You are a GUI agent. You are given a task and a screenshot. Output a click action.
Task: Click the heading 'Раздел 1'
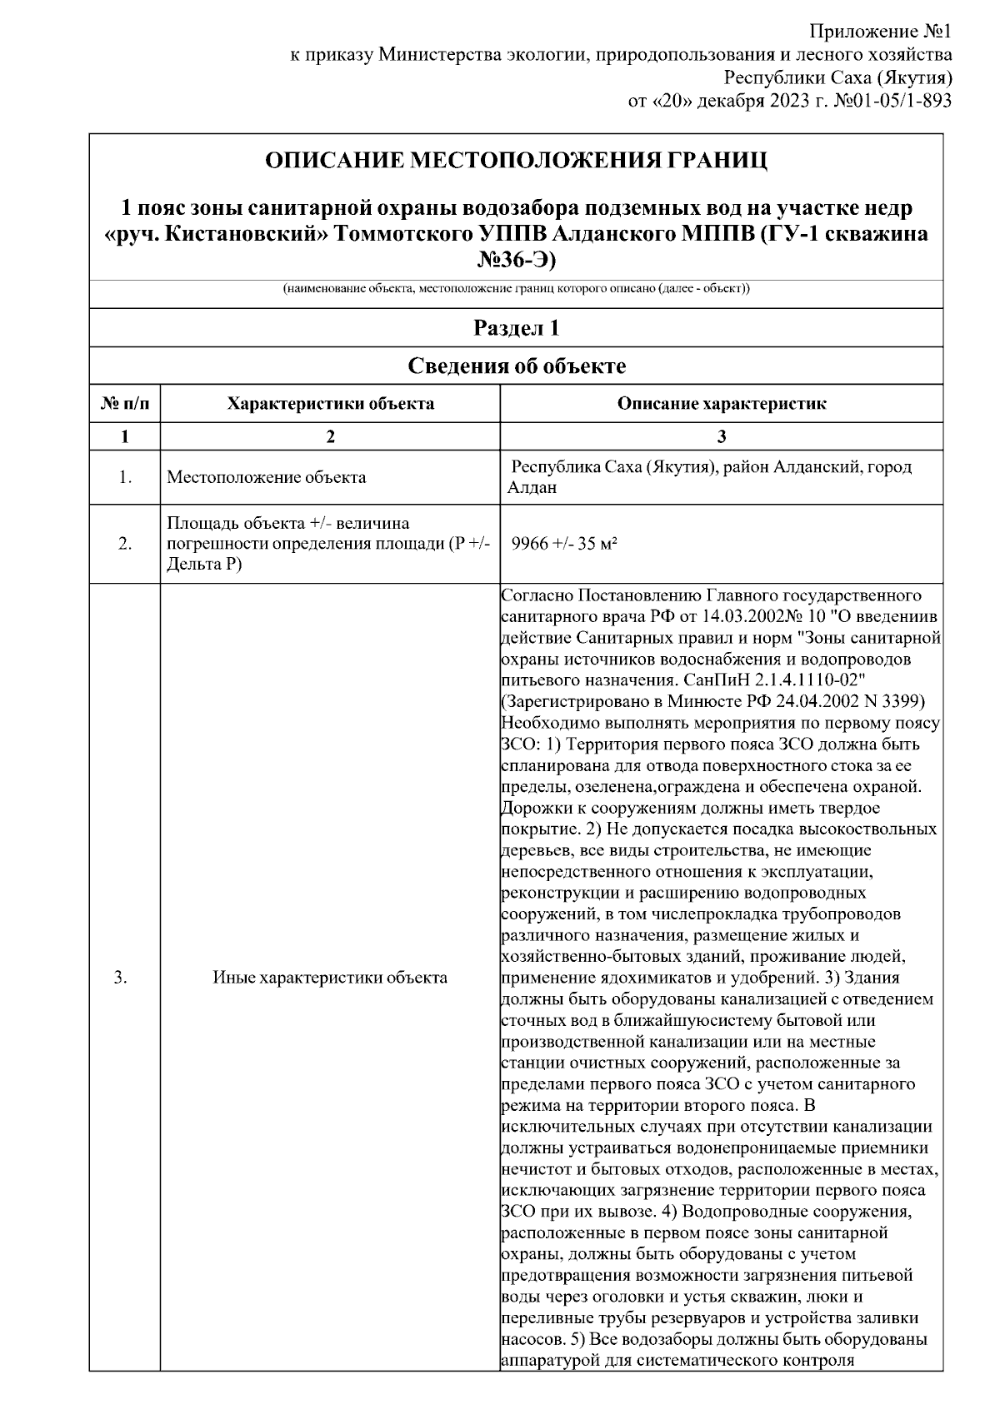pos(516,328)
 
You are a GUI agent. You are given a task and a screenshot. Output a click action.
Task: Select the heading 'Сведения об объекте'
pos(516,366)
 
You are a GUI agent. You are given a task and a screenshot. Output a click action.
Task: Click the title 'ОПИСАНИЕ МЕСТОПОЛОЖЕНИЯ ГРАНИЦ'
pos(516,160)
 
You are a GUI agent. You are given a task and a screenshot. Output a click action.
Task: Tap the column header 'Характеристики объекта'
pos(331,404)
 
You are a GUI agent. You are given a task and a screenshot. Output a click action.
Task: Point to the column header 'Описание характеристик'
pos(722,404)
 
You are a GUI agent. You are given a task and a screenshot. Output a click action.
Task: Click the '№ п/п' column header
pos(125,404)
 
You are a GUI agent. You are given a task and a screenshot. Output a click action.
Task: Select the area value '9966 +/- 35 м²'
pos(564,544)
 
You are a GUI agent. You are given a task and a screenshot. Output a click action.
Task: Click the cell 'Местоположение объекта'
pos(267,478)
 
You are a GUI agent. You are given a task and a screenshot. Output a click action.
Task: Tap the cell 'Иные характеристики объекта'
pos(331,978)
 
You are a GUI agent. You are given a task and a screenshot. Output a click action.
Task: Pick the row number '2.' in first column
pos(125,544)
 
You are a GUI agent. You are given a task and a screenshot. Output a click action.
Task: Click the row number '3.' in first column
pos(121,978)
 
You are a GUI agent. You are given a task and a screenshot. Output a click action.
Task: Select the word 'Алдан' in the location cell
pos(532,488)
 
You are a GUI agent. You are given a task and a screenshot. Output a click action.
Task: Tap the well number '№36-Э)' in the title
pos(516,260)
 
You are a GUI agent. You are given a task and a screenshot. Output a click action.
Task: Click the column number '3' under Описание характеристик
pos(722,436)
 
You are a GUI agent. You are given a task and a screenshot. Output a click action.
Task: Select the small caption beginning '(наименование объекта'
pos(516,289)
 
